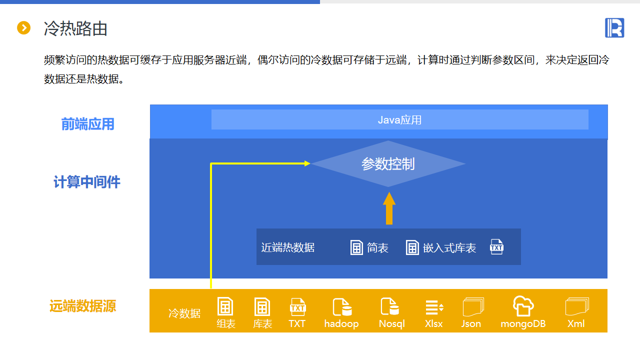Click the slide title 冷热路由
click(75, 28)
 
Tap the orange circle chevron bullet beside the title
click(23, 28)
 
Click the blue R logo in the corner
click(614, 27)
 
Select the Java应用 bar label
click(399, 120)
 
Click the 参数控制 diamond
click(388, 163)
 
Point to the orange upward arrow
click(389, 208)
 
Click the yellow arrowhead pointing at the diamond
click(307, 163)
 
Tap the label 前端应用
click(87, 124)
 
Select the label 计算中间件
click(87, 182)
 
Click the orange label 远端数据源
click(83, 306)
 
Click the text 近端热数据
click(287, 247)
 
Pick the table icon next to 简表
click(356, 247)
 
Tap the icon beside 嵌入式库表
click(412, 247)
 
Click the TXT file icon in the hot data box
click(497, 247)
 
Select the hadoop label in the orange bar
click(341, 323)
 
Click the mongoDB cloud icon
click(523, 305)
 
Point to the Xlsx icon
click(434, 307)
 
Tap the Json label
click(471, 323)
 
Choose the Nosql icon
click(389, 306)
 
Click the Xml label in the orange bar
click(576, 323)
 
